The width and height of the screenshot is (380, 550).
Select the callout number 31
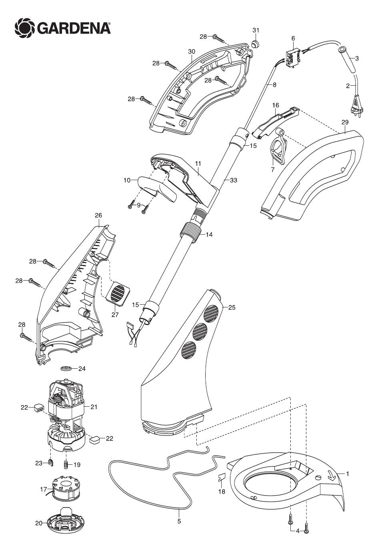coord(256,30)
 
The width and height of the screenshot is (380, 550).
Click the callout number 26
coord(98,215)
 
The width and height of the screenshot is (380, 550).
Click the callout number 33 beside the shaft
coord(234,180)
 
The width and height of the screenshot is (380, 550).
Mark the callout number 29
coord(345,122)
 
